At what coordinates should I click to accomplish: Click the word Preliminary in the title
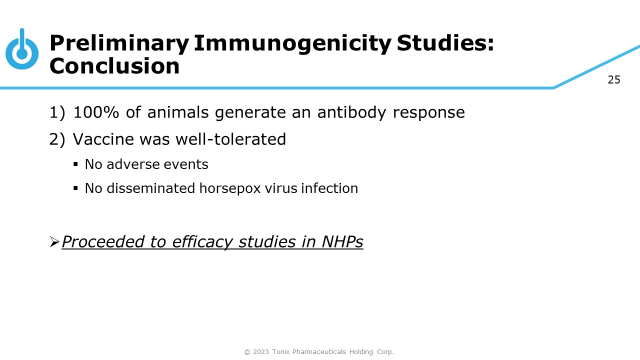tap(119, 43)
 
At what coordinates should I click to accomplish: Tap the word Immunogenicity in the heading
tap(292, 43)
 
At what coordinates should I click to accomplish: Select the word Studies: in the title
tap(445, 43)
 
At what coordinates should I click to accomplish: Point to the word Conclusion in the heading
tap(114, 65)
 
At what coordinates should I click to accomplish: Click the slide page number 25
tap(614, 79)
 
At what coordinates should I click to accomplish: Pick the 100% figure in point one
tap(96, 112)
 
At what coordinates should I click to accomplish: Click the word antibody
tap(351, 112)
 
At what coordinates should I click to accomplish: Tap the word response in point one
tap(429, 113)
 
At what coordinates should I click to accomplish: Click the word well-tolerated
tap(231, 139)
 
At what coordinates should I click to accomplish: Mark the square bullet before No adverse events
tap(75, 164)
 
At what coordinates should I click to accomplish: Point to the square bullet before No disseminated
tap(75, 188)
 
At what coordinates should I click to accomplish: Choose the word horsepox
tap(230, 188)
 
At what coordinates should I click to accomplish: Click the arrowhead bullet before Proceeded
tap(54, 241)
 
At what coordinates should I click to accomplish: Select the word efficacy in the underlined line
tap(202, 242)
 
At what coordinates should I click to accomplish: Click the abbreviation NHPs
tap(342, 241)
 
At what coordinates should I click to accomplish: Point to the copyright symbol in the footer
tap(247, 352)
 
